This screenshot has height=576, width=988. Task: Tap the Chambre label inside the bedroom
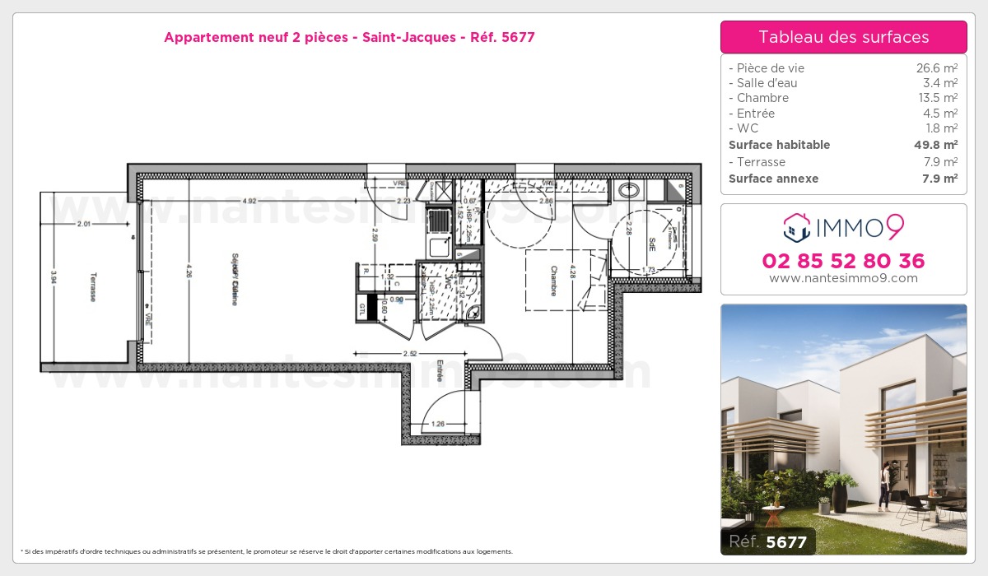pos(554,280)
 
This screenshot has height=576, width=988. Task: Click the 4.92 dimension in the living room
pos(249,201)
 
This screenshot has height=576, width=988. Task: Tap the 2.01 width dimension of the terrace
pos(84,223)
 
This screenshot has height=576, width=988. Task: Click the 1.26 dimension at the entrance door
pos(438,425)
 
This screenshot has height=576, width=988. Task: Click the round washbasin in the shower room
pos(630,191)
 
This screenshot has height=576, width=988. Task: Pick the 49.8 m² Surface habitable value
pos(938,145)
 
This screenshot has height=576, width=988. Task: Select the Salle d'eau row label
pos(766,83)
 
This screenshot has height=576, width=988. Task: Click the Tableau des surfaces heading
pos(843,37)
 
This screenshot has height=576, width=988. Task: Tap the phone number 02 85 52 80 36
pos(843,261)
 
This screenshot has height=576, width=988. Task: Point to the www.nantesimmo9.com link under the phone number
pos(843,278)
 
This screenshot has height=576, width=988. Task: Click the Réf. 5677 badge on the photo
pos(768,541)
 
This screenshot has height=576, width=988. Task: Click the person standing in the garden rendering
pos(883,485)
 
